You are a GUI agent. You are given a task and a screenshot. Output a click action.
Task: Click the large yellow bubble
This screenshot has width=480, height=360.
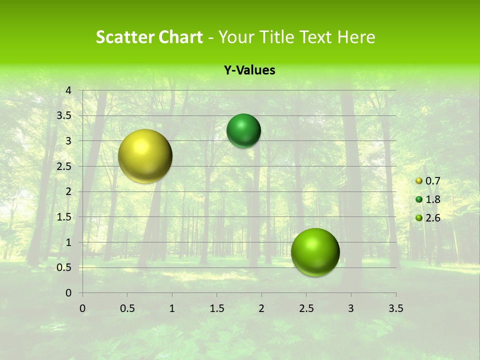click(x=145, y=156)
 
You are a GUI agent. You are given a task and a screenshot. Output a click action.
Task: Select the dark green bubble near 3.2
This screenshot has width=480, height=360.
click(x=243, y=130)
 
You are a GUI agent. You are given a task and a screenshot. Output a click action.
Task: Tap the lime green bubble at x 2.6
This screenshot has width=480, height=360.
click(x=315, y=252)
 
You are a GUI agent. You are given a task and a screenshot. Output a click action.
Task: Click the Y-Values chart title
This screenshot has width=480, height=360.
click(x=249, y=70)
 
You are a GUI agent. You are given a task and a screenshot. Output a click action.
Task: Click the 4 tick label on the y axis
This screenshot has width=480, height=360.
click(x=68, y=90)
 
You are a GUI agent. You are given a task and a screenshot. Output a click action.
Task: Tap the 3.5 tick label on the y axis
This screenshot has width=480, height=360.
click(x=64, y=115)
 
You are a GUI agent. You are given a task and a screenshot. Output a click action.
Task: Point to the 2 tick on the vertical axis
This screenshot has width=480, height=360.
click(x=68, y=191)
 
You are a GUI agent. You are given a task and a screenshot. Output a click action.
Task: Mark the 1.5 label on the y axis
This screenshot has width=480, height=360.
click(x=64, y=217)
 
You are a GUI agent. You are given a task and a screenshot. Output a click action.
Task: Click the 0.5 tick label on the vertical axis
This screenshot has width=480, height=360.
click(x=64, y=267)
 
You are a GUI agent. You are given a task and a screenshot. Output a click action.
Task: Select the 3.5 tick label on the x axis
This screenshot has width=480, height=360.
click(x=395, y=308)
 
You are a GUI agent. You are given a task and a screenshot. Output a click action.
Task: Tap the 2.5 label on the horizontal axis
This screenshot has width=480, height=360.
click(x=306, y=308)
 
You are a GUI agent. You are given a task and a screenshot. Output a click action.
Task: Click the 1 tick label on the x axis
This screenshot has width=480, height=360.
click(x=172, y=308)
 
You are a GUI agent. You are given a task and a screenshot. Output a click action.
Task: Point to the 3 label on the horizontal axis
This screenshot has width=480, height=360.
click(x=351, y=308)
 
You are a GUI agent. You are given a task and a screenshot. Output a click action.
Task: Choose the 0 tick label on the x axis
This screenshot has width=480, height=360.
click(x=82, y=308)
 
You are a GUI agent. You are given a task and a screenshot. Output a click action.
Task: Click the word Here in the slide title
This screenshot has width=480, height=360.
click(x=355, y=37)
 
